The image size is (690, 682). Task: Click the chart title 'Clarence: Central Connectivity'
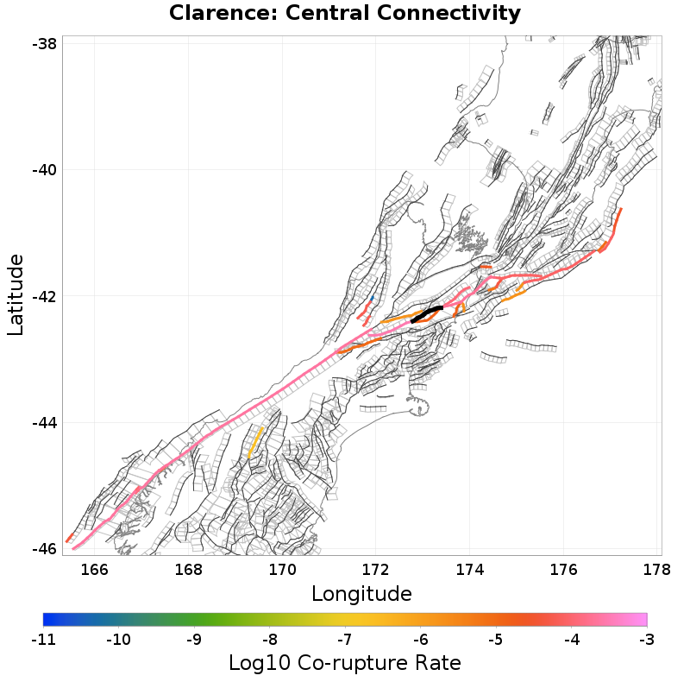point(345,14)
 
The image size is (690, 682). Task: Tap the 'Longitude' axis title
point(361,593)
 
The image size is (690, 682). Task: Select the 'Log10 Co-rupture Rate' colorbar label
point(345,663)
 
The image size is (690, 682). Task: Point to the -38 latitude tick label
point(44,43)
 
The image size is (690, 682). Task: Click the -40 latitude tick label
point(44,169)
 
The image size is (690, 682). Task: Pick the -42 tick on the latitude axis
point(44,296)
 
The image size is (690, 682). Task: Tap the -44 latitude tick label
point(44,422)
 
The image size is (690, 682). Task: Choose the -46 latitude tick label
point(44,549)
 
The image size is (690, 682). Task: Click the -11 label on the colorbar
point(43,639)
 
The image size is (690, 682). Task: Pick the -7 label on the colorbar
point(345,639)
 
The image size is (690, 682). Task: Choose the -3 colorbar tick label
point(647,639)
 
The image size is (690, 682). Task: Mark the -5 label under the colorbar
point(496,639)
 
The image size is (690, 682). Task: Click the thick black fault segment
point(427,313)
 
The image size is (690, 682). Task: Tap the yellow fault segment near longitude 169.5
point(255,441)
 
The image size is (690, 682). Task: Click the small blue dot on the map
point(372,299)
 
